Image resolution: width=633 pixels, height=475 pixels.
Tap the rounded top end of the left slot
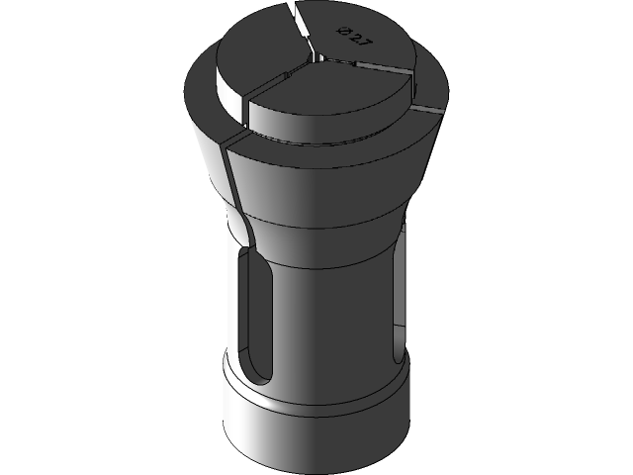tap(255, 259)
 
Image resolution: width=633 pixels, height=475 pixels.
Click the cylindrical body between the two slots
tap(326, 317)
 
